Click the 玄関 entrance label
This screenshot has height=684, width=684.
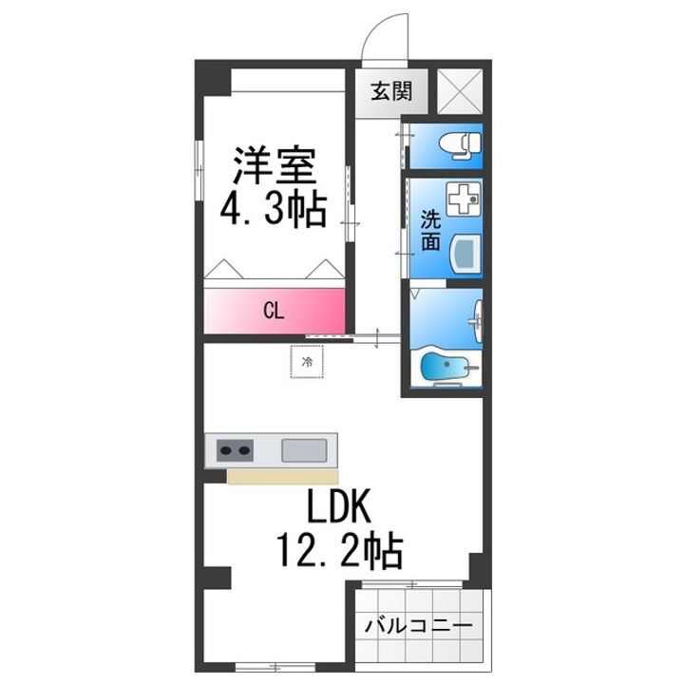pos(391,92)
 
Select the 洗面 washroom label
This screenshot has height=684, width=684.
pos(430,228)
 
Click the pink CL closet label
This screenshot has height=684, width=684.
pos(273,310)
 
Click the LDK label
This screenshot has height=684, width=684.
pos(338,509)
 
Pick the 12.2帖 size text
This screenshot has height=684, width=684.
pos(338,549)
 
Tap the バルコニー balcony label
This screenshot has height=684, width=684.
pos(419,627)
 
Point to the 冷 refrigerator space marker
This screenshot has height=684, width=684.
pos(307,362)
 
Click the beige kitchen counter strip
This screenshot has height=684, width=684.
pos(281,475)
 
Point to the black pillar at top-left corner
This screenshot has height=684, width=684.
pos(213,79)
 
